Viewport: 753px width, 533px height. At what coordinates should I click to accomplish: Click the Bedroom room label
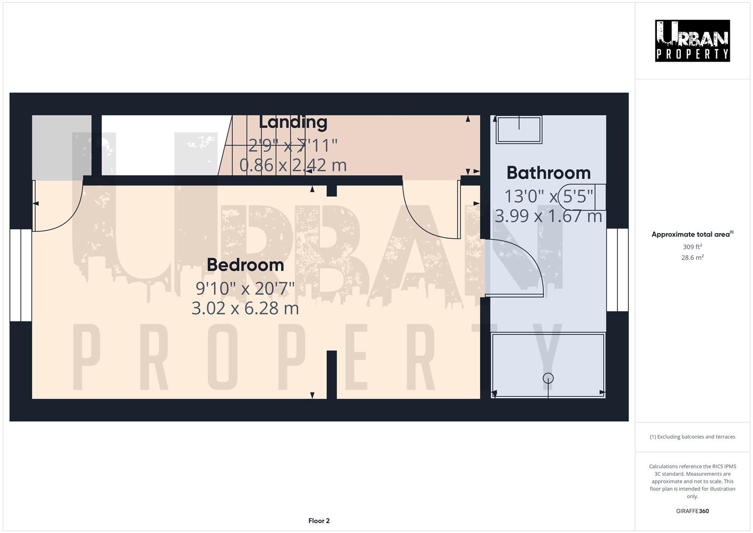pos(245,265)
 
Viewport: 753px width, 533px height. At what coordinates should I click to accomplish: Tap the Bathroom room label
pos(548,173)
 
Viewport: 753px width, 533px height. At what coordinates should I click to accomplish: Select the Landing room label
pos(293,122)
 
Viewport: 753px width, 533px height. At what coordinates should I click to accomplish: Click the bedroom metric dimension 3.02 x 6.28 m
pos(245,308)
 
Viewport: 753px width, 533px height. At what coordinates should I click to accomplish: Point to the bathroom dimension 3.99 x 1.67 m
pos(548,216)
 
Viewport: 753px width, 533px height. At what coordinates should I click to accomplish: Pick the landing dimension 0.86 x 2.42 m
pos(293,165)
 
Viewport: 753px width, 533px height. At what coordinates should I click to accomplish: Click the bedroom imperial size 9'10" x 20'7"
pos(245,287)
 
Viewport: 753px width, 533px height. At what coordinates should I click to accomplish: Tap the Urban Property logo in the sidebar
pos(692,40)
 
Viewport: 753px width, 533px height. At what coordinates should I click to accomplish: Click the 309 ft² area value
pos(692,247)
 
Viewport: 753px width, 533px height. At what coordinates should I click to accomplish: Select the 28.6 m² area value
pos(692,258)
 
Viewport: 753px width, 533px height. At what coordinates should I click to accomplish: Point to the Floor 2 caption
pos(319,521)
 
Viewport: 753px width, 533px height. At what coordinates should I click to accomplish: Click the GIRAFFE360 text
pos(692,511)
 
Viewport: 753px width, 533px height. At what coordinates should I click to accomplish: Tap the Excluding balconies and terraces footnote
pos(692,437)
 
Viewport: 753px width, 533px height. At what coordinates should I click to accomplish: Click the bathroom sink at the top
pos(519,129)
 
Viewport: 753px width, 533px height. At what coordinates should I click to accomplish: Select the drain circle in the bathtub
pos(548,378)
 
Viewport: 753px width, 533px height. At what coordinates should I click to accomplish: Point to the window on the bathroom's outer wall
pos(617,269)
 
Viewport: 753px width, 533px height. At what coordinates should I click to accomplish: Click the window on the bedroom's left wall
pos(21,275)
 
